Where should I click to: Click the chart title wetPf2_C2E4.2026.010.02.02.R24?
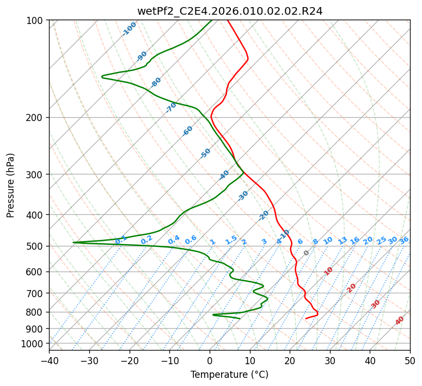[230, 11]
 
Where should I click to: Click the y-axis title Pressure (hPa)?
[10, 185]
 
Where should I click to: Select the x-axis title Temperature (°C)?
[230, 375]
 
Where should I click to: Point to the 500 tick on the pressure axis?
[38, 246]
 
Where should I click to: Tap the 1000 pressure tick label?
[35, 343]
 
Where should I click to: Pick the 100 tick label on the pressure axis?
[38, 21]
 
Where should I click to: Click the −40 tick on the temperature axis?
[49, 361]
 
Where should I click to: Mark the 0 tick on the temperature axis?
[210, 361]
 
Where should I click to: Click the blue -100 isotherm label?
[130, 29]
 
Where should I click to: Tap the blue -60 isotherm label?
[187, 131]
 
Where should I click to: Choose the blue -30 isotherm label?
[243, 196]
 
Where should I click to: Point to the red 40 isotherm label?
[400, 321]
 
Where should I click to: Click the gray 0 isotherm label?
[306, 253]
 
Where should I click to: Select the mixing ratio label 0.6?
[191, 240]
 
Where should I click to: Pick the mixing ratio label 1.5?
[231, 240]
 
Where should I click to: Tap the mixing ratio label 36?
[404, 240]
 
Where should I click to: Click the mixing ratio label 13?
[343, 240]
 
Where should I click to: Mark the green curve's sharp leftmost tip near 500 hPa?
[73, 242]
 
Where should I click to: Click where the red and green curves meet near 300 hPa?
[243, 172]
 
